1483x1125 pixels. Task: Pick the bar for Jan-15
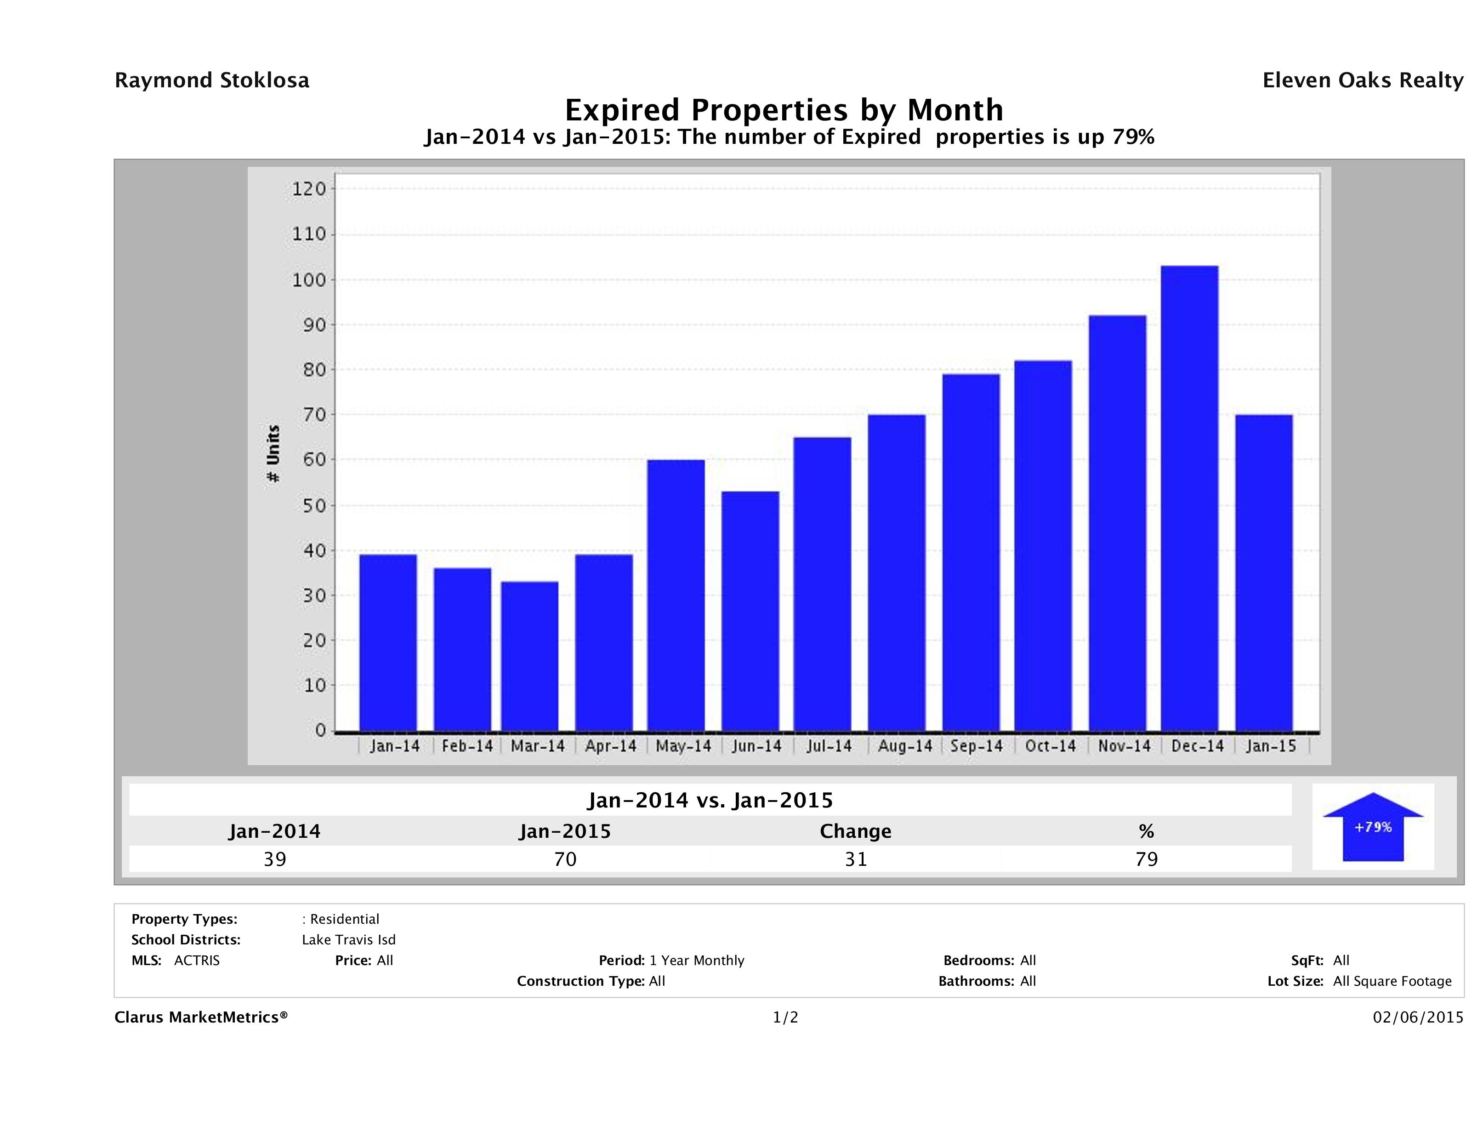tap(1264, 573)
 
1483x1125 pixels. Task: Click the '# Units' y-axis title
tap(273, 454)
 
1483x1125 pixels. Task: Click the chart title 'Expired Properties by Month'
tap(784, 110)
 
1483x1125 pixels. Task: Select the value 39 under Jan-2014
tap(275, 859)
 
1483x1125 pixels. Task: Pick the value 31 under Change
tap(856, 859)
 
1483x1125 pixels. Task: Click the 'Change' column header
tap(856, 831)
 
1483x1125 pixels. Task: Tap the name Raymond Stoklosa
tap(212, 80)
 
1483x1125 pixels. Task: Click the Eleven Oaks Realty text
tap(1362, 80)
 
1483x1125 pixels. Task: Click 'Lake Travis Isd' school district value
tap(349, 940)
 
